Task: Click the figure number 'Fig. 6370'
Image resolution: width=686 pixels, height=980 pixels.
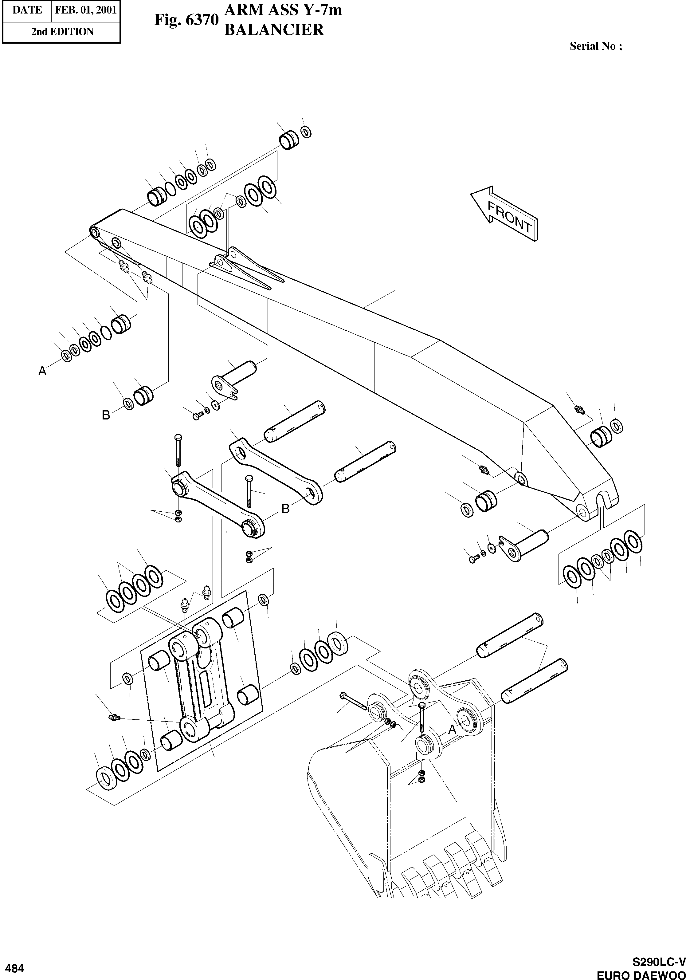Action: pos(186,20)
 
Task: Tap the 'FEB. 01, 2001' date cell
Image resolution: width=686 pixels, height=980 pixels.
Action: pos(86,10)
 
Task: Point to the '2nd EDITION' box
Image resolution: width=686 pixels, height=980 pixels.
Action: pos(61,32)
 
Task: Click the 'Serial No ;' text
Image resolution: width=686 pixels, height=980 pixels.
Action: pos(596,46)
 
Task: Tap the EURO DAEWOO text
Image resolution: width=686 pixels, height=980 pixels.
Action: pos(640,974)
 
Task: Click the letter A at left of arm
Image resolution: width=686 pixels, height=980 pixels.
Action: pos(42,371)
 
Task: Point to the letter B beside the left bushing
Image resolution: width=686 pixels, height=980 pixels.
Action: pos(106,415)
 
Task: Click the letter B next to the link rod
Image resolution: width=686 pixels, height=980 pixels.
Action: pos(285,508)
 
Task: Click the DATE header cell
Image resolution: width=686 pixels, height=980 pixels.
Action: pos(27,10)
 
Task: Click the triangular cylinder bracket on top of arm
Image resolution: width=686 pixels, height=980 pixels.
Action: pos(245,267)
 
